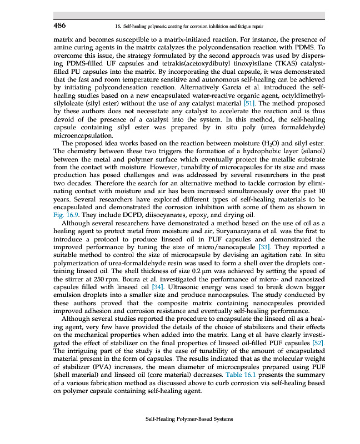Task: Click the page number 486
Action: click(59, 25)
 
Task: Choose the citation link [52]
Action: click(316, 343)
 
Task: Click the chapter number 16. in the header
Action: click(117, 26)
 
